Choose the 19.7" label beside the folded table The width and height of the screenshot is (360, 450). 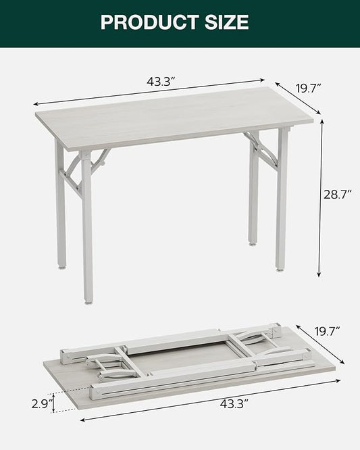[x=326, y=330]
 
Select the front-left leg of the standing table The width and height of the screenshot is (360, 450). [x=87, y=230]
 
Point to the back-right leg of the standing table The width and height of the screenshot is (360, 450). [x=253, y=196]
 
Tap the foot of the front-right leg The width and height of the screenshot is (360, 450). [x=280, y=268]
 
